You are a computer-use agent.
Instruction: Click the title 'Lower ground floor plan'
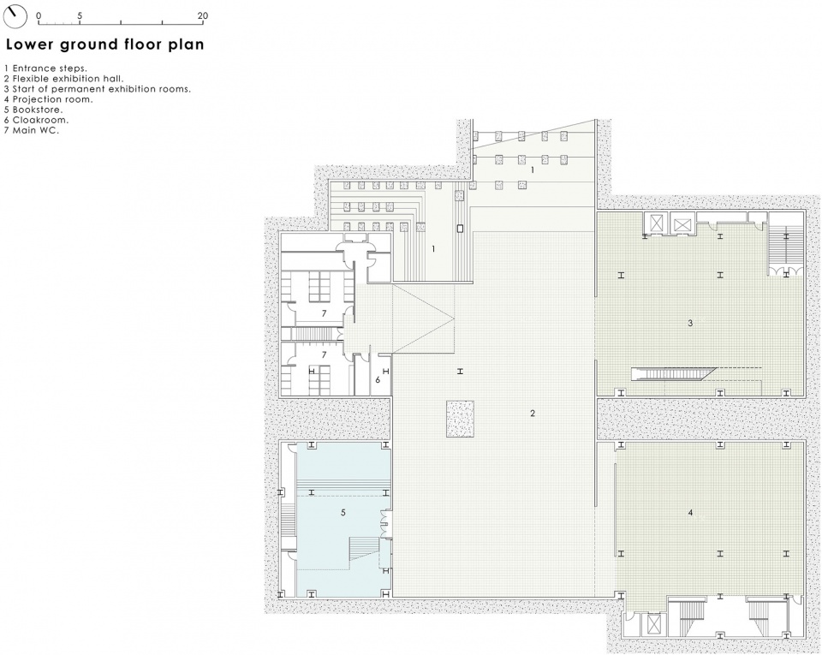104,45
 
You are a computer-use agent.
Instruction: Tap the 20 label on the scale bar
203,15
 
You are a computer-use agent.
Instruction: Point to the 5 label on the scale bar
80,15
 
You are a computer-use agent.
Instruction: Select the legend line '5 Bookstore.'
33,110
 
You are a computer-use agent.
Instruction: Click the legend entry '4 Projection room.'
48,99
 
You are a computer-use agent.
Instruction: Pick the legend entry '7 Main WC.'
32,130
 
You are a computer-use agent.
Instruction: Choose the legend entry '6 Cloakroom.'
36,120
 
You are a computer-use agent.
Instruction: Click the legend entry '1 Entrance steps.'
45,68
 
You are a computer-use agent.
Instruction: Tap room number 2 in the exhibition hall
533,414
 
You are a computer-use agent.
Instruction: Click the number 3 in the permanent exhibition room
690,324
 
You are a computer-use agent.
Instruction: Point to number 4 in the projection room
690,513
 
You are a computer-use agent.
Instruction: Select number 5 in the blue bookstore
343,512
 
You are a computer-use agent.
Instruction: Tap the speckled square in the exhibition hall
461,419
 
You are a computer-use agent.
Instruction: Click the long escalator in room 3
674,373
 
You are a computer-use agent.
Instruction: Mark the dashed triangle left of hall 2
423,318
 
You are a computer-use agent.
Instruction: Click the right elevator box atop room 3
683,223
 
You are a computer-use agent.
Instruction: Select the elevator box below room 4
653,623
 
